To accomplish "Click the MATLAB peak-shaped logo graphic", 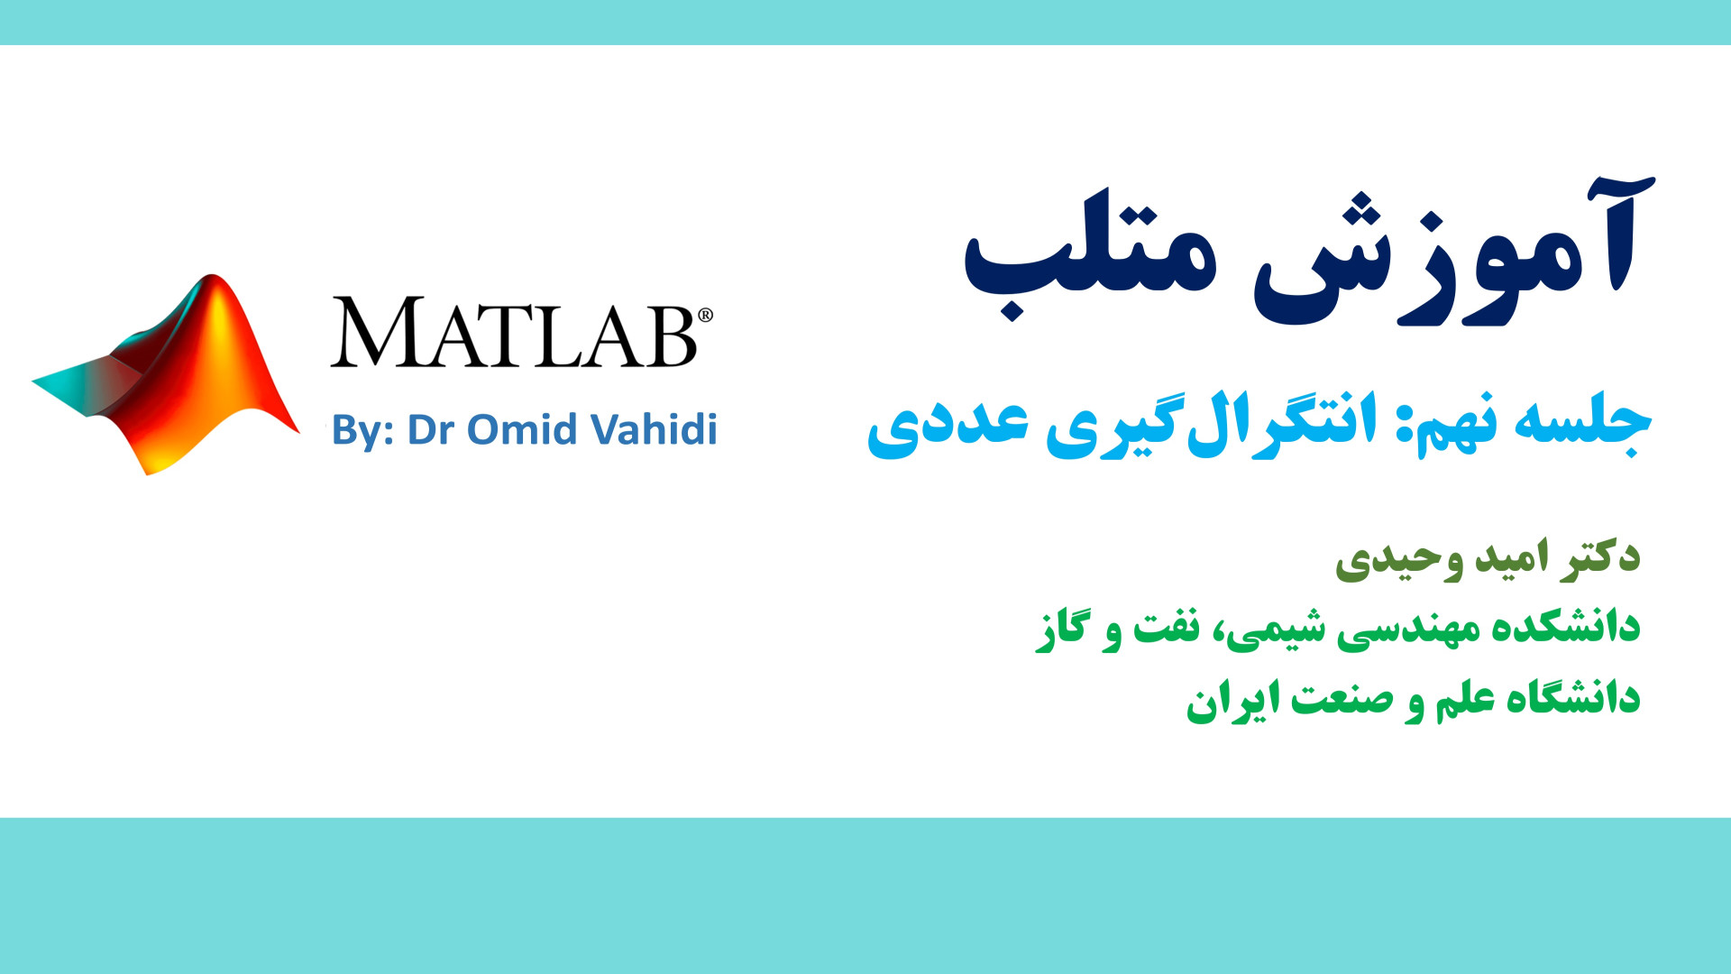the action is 167,374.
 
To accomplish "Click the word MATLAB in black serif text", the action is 514,332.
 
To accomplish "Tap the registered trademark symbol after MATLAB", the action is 706,315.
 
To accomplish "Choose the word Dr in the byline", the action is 431,429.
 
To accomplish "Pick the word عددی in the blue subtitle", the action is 948,424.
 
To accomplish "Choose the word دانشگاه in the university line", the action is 1572,697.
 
